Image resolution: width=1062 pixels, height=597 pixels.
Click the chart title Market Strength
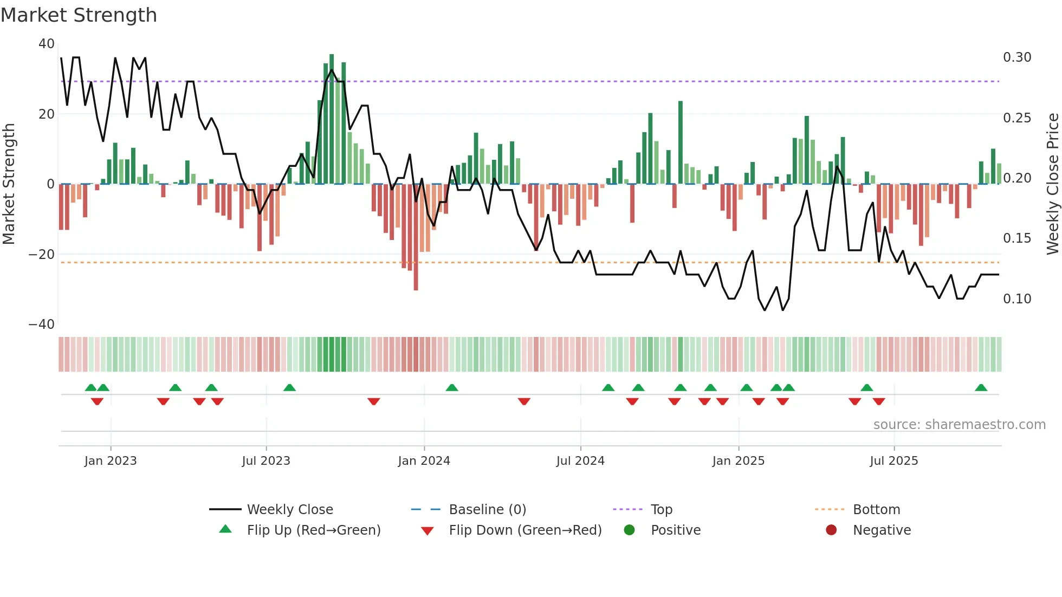click(x=79, y=15)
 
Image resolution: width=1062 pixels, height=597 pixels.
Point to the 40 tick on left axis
click(x=47, y=44)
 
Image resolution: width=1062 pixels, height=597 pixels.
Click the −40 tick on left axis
click(x=42, y=325)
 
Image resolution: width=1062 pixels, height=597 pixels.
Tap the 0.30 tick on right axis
click(x=1017, y=57)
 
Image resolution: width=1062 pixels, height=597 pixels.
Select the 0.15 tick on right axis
click(x=1017, y=238)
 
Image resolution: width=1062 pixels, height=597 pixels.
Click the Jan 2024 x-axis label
click(x=424, y=461)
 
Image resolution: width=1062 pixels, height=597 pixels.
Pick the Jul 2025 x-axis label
click(x=893, y=461)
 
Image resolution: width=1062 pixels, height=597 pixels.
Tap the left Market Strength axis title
click(x=9, y=184)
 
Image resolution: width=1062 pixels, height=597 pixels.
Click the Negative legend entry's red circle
click(x=831, y=530)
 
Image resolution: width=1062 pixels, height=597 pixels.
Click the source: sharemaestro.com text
click(x=959, y=425)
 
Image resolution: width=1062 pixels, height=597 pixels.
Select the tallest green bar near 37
click(x=332, y=119)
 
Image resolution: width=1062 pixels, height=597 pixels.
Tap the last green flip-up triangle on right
click(x=981, y=388)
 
